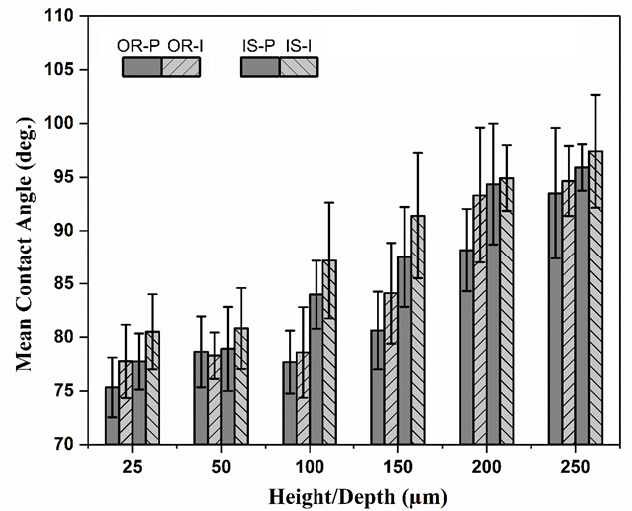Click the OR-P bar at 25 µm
(112, 416)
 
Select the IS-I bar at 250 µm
(596, 297)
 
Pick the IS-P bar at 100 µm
(316, 369)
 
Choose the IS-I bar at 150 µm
(418, 330)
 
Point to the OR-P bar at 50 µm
(201, 398)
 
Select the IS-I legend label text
(299, 46)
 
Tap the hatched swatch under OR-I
(181, 67)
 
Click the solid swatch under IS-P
(260, 67)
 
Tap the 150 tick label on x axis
(397, 467)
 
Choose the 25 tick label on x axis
(132, 467)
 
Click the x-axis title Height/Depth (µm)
(358, 497)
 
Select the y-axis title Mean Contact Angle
(24, 245)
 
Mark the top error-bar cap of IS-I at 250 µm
(596, 94)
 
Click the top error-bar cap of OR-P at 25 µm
(112, 357)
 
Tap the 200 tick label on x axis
(487, 467)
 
